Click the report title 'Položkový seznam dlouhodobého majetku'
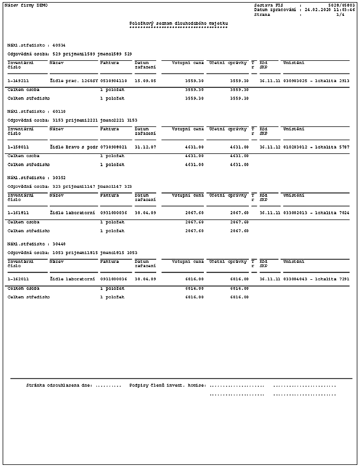point(178,23)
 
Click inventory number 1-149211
point(18,81)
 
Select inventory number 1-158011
point(18,147)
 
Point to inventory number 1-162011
point(18,279)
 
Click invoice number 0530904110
point(113,81)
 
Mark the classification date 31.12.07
point(145,147)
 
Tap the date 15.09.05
point(145,81)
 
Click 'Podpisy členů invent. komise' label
point(167,386)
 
